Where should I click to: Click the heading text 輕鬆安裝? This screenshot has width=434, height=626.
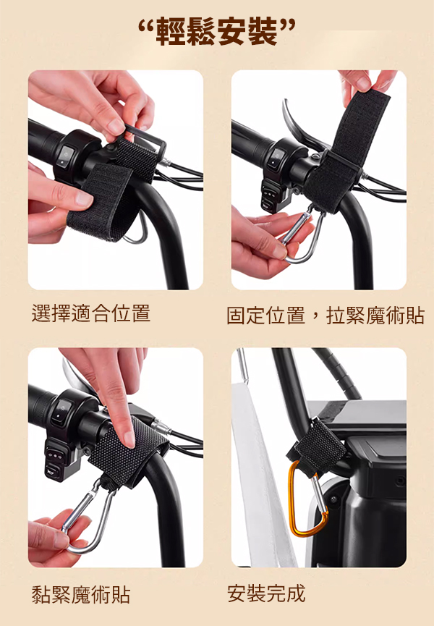pyautogui.click(x=216, y=32)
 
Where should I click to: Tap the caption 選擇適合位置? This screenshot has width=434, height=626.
pyautogui.click(x=91, y=313)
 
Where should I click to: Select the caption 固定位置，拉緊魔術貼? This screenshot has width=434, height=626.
pyautogui.click(x=325, y=316)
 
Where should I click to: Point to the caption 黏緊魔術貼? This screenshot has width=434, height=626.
pyautogui.click(x=81, y=594)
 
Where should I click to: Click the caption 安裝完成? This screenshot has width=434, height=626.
pyautogui.click(x=266, y=593)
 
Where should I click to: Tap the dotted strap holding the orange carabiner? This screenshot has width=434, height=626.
pyautogui.click(x=317, y=447)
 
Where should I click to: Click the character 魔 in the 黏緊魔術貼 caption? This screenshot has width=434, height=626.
pyautogui.click(x=81, y=594)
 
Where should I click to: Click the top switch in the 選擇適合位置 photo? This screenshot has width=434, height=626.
pyautogui.click(x=66, y=156)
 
